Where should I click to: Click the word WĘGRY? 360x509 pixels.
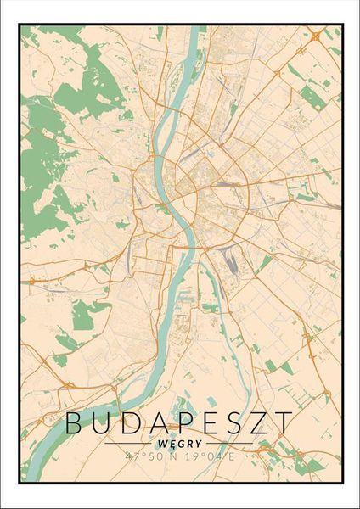pos(179,443)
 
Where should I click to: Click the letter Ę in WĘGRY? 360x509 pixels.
pos(173,443)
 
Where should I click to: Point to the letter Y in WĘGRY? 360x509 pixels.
pos(198,443)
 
